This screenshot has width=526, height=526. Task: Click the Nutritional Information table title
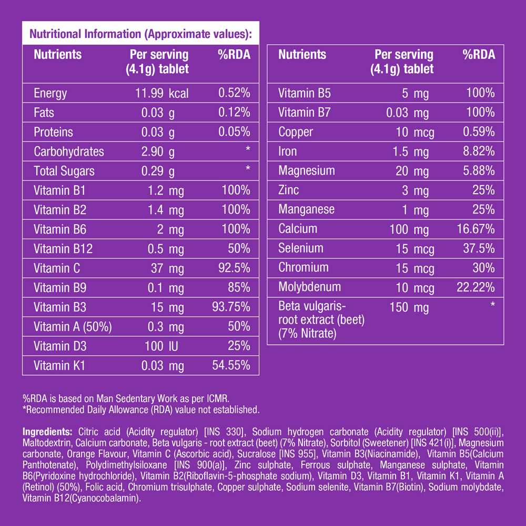click(x=141, y=35)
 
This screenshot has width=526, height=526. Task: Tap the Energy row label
click(x=50, y=94)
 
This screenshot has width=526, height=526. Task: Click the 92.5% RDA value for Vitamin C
click(x=234, y=268)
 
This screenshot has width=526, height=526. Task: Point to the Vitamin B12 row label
click(x=63, y=249)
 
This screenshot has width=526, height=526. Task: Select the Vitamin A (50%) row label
click(x=73, y=327)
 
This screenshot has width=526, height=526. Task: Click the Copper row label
click(x=296, y=132)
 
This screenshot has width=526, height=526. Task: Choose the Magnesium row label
click(x=307, y=171)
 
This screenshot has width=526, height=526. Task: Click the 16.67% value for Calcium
click(x=476, y=229)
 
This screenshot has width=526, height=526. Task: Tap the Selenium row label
click(x=301, y=248)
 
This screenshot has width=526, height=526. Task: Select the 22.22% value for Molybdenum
click(x=476, y=287)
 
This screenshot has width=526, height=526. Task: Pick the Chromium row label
click(x=304, y=268)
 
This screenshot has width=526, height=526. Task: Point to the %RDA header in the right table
click(x=479, y=55)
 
